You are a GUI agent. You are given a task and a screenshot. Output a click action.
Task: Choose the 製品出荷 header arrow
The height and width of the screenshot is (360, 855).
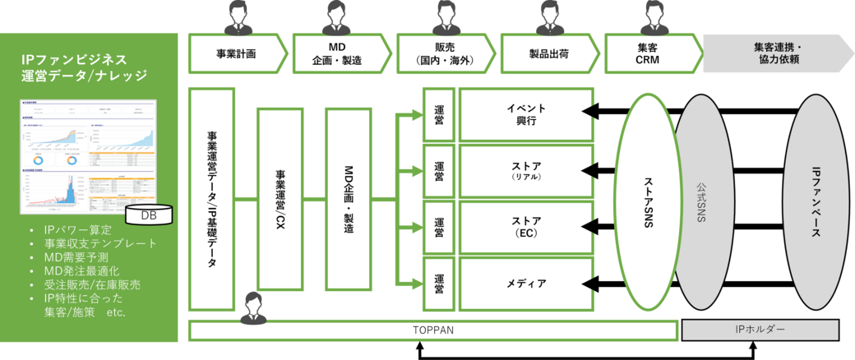click(x=549, y=54)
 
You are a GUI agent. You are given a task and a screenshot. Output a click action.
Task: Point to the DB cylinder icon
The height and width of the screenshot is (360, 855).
click(x=149, y=215)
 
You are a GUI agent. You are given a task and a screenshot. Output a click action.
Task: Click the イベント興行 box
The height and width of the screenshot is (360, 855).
click(x=526, y=114)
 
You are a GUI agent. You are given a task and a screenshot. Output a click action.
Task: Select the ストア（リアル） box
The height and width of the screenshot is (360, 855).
click(x=526, y=171)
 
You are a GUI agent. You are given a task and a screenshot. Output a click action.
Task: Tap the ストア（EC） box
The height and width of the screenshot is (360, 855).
click(x=526, y=228)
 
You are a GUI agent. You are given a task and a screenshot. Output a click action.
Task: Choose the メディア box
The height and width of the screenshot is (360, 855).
click(x=526, y=284)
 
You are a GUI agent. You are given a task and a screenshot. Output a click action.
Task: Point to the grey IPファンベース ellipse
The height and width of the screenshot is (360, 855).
click(x=816, y=201)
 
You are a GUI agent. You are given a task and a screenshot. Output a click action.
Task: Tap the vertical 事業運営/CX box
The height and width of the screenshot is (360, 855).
click(x=280, y=200)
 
